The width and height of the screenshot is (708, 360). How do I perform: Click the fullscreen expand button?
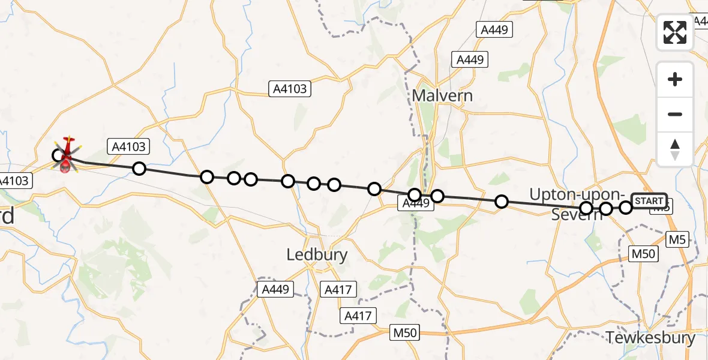coord(675,32)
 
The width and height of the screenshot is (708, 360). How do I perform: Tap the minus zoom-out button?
coord(675,114)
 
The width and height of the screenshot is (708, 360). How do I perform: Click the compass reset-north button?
coord(675,149)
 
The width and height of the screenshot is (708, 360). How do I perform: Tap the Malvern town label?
coord(442,95)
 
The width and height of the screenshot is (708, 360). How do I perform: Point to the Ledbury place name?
coord(317,255)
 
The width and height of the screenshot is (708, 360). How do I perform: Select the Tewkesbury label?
coord(651,338)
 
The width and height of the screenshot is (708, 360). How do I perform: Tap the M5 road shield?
coord(677,240)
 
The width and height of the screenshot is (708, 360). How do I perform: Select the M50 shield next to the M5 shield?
coord(644,253)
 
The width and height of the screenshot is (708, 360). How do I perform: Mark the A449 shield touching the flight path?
coord(415,204)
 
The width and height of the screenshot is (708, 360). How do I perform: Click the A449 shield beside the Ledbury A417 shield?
coord(275,289)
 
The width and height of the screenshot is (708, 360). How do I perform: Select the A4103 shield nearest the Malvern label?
coord(290,89)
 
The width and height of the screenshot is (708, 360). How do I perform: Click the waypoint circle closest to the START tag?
coord(626,208)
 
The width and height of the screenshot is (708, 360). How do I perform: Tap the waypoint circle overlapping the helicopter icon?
coord(59,156)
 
